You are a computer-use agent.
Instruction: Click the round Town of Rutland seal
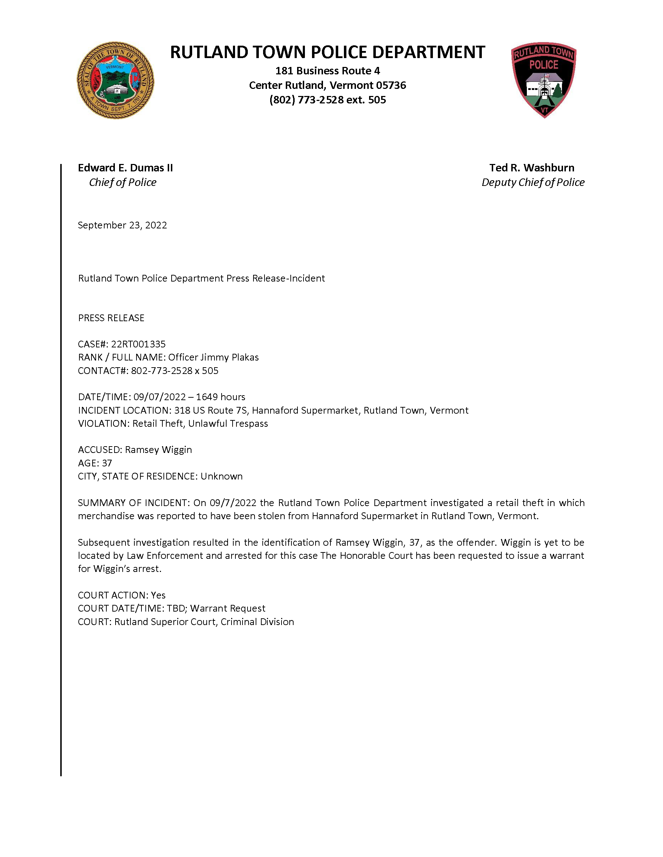tap(116, 80)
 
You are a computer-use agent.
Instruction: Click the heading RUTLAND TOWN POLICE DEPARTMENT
tap(327, 52)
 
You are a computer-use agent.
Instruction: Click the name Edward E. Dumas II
tap(125, 168)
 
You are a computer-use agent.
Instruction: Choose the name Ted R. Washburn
tap(531, 168)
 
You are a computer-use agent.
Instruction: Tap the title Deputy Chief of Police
tap(533, 182)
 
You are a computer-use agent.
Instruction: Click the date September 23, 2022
tap(122, 225)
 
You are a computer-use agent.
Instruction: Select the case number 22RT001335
tap(138, 344)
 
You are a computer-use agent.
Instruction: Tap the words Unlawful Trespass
tap(228, 424)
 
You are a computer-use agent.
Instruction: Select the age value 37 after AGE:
tap(107, 463)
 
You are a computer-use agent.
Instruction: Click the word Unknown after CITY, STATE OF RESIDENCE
tap(222, 476)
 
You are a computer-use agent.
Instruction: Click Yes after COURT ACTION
tap(158, 595)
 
